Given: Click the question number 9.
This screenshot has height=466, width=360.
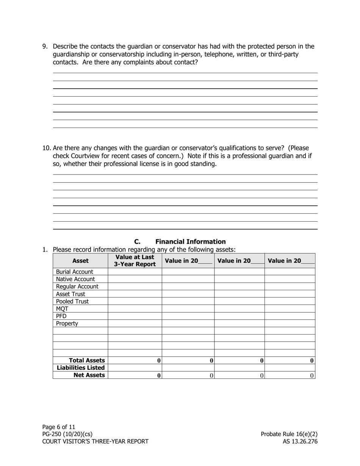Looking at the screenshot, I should click(x=45, y=47).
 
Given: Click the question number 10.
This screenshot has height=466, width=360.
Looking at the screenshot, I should click(x=46, y=148).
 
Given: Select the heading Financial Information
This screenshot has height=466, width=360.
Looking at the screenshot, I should click(x=190, y=242).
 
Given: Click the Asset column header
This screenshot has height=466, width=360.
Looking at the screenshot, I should click(x=80, y=261).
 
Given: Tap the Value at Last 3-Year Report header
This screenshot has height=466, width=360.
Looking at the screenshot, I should click(x=135, y=261).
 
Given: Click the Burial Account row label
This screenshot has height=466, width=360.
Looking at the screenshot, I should click(x=75, y=272).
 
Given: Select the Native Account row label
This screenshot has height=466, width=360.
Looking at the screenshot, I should click(x=75, y=279).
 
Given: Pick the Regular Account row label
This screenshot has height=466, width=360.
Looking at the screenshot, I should click(x=77, y=286).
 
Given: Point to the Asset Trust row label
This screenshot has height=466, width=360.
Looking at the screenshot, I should click(x=70, y=294).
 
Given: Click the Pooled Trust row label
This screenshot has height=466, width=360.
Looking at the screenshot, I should click(x=72, y=301).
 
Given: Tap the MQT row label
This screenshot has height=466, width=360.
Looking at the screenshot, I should click(x=62, y=309).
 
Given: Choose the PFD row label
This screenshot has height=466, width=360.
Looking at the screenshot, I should click(x=61, y=316).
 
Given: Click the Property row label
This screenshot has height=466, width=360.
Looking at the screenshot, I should click(x=67, y=324).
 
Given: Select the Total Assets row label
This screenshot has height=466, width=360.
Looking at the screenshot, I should click(x=87, y=361).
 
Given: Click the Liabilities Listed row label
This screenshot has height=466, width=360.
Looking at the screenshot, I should click(x=81, y=368).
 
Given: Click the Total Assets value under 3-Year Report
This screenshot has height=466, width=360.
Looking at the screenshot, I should click(x=159, y=361).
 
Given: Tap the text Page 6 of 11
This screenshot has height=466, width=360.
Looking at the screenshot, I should click(x=59, y=427).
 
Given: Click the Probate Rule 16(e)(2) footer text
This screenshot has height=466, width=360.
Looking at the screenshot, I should click(x=289, y=434).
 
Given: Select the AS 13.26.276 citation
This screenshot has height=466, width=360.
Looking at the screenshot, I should click(x=300, y=441).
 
